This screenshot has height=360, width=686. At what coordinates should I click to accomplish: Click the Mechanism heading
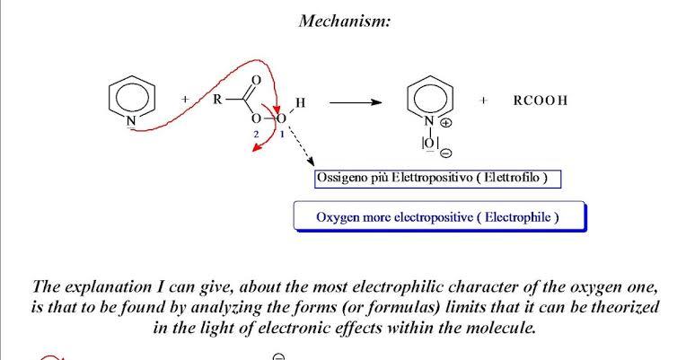pyautogui.click(x=345, y=21)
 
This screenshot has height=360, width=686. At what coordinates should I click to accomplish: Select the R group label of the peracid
pyautogui.click(x=216, y=100)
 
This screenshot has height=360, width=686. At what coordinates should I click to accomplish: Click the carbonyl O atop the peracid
pyautogui.click(x=256, y=80)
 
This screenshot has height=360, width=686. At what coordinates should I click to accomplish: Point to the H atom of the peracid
pyautogui.click(x=300, y=103)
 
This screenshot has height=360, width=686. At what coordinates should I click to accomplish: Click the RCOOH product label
pyautogui.click(x=541, y=101)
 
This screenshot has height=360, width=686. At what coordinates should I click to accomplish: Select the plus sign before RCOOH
pyautogui.click(x=483, y=101)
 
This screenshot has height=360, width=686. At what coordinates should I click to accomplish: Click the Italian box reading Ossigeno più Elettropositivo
pyautogui.click(x=438, y=179)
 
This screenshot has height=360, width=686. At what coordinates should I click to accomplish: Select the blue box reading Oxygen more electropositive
pyautogui.click(x=439, y=217)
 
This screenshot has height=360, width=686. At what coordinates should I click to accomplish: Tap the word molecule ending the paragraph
pyautogui.click(x=505, y=328)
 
